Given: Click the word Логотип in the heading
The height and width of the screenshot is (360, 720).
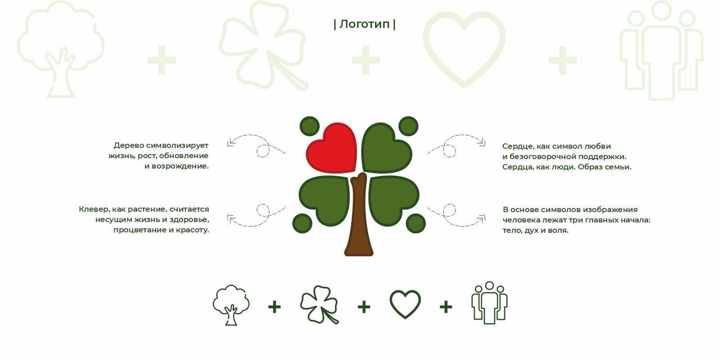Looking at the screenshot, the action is (x=365, y=24).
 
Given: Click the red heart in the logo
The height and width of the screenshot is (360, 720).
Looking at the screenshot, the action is (x=332, y=148).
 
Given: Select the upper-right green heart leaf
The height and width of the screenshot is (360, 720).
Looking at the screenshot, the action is (x=386, y=148).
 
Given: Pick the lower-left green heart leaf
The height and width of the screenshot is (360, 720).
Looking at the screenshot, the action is (x=325, y=200).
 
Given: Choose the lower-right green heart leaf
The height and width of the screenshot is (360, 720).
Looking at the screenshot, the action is (x=394, y=200).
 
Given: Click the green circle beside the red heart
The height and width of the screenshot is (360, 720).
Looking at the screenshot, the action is (x=309, y=126).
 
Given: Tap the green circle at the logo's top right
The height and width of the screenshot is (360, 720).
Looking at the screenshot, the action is (x=408, y=126).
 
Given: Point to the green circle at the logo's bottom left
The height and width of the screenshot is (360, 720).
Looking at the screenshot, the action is (x=302, y=223).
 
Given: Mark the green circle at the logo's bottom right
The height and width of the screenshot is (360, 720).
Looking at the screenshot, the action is (x=416, y=223).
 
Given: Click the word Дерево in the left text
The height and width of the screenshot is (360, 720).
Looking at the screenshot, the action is (x=129, y=146).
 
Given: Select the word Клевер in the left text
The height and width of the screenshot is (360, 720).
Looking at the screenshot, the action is (x=94, y=209).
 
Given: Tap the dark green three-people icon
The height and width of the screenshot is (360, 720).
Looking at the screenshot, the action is (x=489, y=303).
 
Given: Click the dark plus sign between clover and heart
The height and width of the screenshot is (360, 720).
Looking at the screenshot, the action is (x=364, y=307).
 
